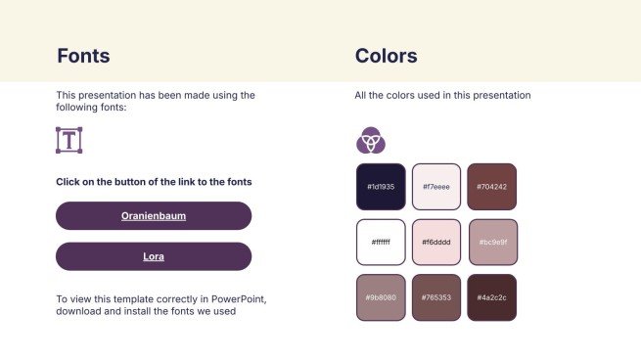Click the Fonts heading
click(83, 56)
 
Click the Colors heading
click(386, 56)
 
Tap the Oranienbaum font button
click(154, 216)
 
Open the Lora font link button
click(154, 256)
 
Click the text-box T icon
click(69, 140)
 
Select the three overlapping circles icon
click(371, 140)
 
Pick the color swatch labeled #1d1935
click(381, 187)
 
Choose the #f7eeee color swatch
click(436, 187)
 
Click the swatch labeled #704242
click(492, 187)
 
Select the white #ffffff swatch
click(381, 243)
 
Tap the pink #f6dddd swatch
click(436, 243)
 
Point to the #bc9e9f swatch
click(493, 243)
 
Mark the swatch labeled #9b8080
click(381, 297)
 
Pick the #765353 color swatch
click(436, 297)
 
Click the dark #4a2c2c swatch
click(492, 297)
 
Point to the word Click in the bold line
click(68, 182)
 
